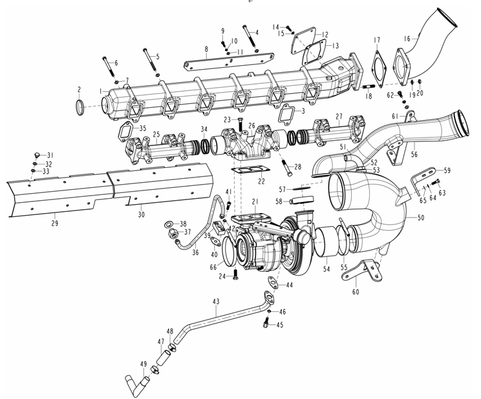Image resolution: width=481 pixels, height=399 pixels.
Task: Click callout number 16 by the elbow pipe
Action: coord(407,39)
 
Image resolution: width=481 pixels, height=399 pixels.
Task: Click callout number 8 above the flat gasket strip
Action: coord(206,49)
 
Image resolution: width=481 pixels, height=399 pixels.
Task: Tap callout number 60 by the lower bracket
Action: coord(356,292)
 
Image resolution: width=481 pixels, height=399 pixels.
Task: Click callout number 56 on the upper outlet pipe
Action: coord(414,154)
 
